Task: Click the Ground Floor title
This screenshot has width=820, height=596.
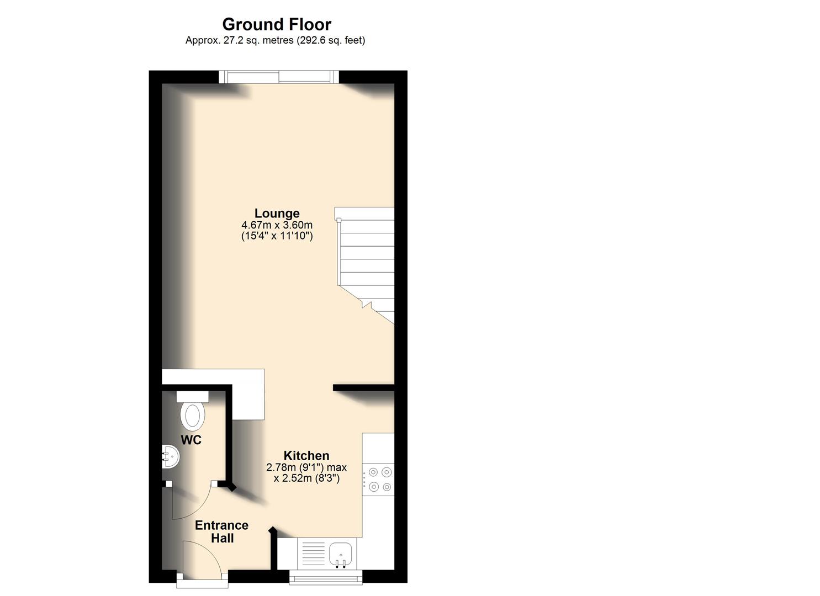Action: (x=276, y=24)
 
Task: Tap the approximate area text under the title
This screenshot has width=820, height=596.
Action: (x=275, y=40)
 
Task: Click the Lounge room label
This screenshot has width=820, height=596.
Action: (x=277, y=214)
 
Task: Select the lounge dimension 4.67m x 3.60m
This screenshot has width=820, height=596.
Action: (x=277, y=225)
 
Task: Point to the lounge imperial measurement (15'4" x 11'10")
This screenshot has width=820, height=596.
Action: (x=277, y=236)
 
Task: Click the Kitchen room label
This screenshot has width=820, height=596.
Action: (x=306, y=456)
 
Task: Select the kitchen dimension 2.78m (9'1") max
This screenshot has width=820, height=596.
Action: (x=306, y=467)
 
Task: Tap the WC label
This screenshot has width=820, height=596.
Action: (x=191, y=440)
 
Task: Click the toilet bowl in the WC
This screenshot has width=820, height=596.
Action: (x=193, y=416)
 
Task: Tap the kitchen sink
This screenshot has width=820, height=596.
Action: (x=341, y=553)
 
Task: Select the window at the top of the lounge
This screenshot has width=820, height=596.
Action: (x=278, y=77)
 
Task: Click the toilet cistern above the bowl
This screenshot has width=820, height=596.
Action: (x=192, y=396)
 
